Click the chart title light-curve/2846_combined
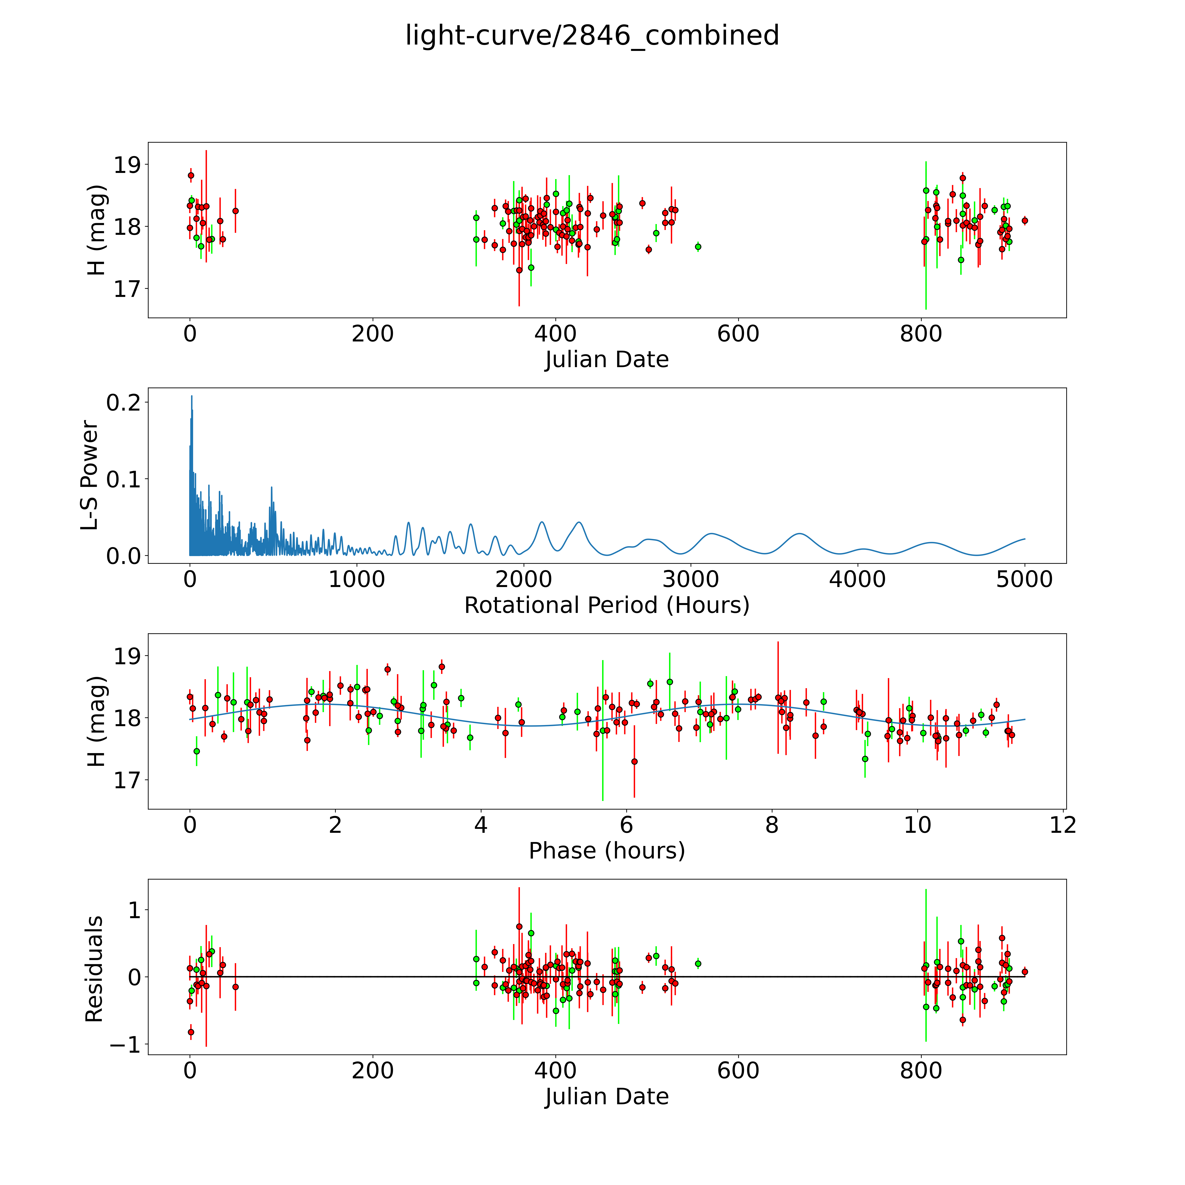592,36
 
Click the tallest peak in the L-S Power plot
191,396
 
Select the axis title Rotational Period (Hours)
607,605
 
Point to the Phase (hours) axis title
607,851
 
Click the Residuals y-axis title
94,969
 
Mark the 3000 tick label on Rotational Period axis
691,579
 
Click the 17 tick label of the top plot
127,289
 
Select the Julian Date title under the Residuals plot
607,1097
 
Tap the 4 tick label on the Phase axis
480,825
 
